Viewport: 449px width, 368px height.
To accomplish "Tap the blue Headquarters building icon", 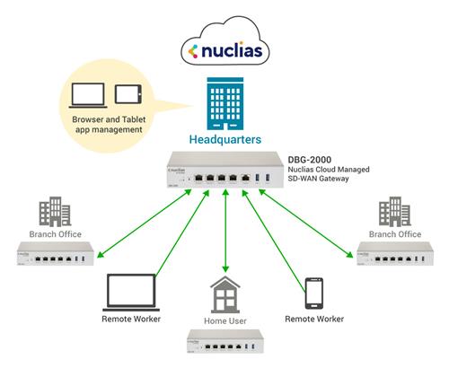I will pyautogui.click(x=224, y=106).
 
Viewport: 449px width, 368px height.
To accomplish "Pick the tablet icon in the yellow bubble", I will pyautogui.click(x=127, y=93).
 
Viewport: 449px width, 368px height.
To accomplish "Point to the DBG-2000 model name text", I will pyautogui.click(x=308, y=162).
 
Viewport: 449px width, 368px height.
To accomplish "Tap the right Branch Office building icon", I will pyautogui.click(x=388, y=213).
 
